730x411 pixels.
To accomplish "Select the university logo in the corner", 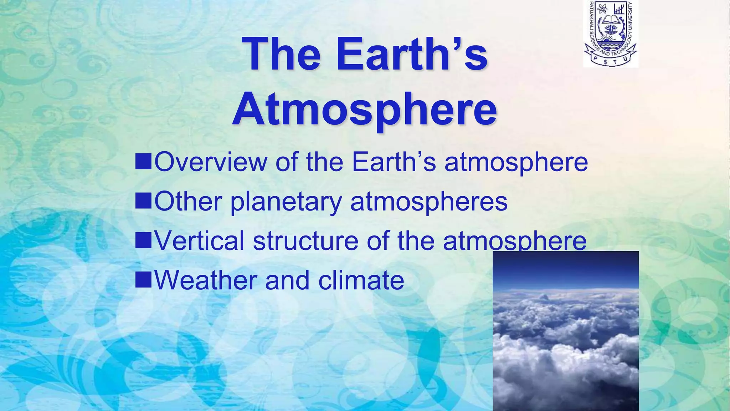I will [x=610, y=34].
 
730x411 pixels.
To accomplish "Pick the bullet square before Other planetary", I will [x=143, y=201].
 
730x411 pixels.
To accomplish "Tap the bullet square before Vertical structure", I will [x=143, y=240].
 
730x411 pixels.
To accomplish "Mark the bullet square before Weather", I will [x=143, y=280].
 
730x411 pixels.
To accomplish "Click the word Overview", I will [x=211, y=162].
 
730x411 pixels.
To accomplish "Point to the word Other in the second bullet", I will [x=189, y=202].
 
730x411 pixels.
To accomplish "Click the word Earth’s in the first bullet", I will [x=394, y=162].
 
